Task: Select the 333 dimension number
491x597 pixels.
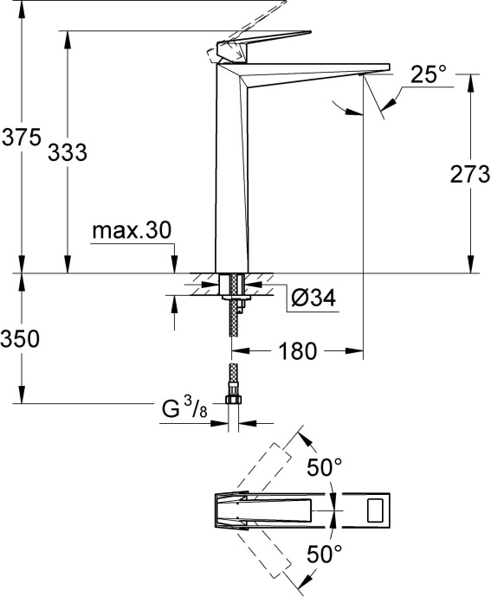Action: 68,152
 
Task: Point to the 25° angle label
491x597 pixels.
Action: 428,75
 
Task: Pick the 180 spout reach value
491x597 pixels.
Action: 297,351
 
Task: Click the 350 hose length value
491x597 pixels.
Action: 19,340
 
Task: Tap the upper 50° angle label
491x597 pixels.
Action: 326,468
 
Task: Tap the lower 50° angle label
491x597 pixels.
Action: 326,553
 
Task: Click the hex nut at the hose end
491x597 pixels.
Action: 231,401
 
